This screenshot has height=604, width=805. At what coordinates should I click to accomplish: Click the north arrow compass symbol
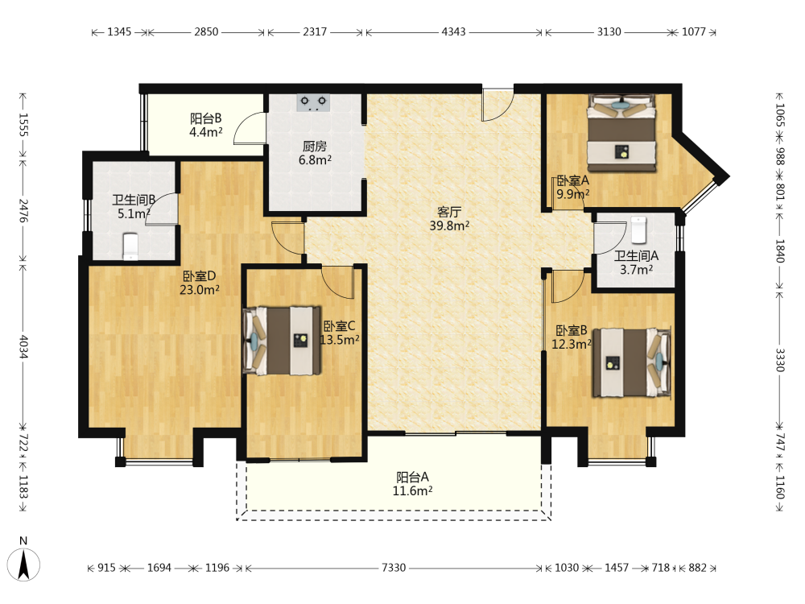click(x=23, y=564)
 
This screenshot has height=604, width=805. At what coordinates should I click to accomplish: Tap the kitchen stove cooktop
click(x=313, y=102)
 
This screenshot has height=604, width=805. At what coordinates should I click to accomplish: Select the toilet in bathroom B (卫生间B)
click(x=131, y=246)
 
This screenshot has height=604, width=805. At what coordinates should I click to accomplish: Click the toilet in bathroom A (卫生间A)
click(x=638, y=230)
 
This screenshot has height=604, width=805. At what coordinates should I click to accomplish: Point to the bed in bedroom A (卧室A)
click(x=621, y=133)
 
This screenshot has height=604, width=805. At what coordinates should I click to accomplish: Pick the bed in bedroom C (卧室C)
click(x=282, y=341)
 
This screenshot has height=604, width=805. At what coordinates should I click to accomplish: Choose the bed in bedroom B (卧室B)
click(x=632, y=362)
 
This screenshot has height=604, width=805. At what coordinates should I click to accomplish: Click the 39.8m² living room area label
click(x=449, y=225)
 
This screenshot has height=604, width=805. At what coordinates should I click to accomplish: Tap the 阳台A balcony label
click(x=412, y=477)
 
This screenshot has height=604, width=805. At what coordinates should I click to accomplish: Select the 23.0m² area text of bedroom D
click(x=200, y=290)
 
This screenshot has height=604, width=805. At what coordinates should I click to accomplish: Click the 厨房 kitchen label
click(x=315, y=147)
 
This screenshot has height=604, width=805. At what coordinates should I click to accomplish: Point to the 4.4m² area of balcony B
click(x=206, y=132)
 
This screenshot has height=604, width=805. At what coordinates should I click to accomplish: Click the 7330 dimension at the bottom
click(x=394, y=568)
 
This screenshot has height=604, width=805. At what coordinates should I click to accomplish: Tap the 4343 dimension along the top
click(x=454, y=32)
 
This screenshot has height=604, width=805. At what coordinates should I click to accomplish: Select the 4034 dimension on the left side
click(x=23, y=346)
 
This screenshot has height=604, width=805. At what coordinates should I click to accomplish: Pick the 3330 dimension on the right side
click(x=780, y=359)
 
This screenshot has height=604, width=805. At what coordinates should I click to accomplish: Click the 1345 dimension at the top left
click(x=119, y=32)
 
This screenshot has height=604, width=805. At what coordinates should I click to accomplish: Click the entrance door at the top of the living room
click(x=497, y=105)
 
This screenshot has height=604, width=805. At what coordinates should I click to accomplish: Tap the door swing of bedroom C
click(x=338, y=283)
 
